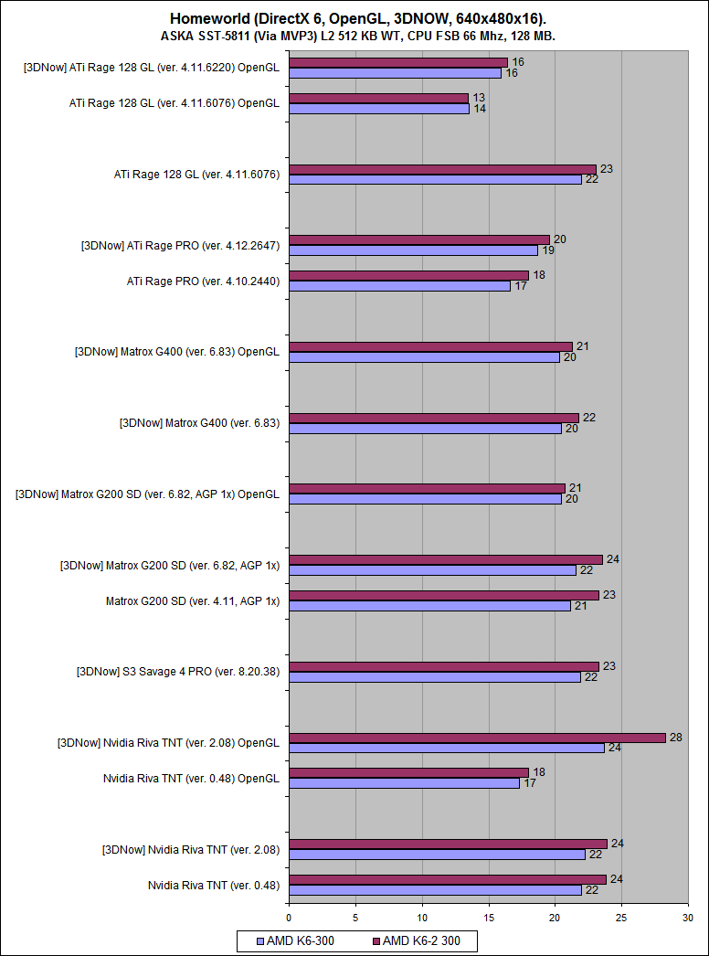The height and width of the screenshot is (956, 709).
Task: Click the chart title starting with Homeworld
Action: point(358,18)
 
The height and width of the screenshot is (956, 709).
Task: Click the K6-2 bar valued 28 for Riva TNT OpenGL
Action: point(477,738)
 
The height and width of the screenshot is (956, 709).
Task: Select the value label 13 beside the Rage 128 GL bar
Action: point(478,98)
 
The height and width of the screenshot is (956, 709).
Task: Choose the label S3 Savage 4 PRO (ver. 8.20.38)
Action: point(178,672)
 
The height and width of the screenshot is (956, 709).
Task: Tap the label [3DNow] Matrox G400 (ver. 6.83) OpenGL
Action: point(177,351)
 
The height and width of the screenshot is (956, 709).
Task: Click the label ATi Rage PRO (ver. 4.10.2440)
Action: point(203,281)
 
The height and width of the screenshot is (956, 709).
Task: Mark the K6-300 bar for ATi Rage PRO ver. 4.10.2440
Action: point(399,286)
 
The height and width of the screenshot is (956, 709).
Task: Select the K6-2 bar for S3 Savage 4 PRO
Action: point(443,666)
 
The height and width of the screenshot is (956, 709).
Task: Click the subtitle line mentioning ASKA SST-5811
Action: point(358,36)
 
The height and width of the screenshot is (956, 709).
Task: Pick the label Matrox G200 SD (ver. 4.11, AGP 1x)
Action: point(192,600)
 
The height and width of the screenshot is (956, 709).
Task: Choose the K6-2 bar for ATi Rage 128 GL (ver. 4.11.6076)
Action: point(442,169)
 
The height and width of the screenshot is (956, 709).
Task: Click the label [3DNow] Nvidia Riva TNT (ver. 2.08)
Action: point(190,849)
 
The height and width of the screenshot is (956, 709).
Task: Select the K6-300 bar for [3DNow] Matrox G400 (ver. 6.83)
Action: point(425,428)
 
